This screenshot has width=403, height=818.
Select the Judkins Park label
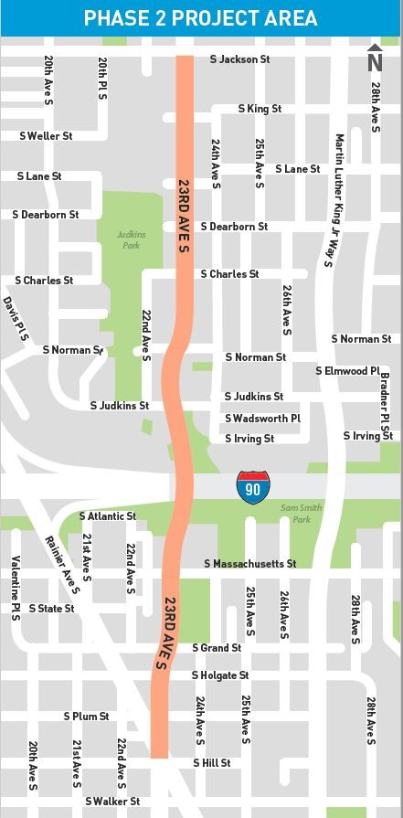(x=131, y=239)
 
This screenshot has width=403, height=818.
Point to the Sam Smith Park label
(x=295, y=514)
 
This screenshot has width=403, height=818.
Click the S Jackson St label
(x=239, y=59)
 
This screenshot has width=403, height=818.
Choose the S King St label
(x=260, y=109)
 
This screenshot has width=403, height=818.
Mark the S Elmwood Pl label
(x=347, y=371)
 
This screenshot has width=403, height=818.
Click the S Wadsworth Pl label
(x=262, y=419)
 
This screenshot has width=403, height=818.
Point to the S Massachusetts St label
(x=249, y=564)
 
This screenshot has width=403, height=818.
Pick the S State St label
(x=51, y=608)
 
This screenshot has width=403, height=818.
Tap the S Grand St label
(x=216, y=648)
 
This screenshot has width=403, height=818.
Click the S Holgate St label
(x=219, y=675)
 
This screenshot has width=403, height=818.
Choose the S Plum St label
(x=86, y=717)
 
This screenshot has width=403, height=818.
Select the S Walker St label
(x=112, y=802)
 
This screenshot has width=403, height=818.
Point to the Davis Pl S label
(x=16, y=319)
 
